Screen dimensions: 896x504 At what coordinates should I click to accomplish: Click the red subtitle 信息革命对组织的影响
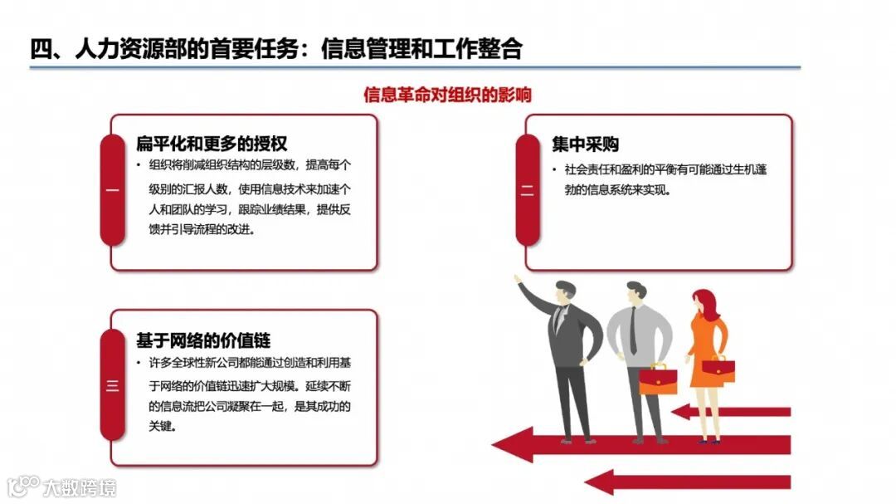pyautogui.click(x=448, y=94)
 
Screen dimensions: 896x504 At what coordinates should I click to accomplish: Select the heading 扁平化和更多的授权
pyautogui.click(x=212, y=143)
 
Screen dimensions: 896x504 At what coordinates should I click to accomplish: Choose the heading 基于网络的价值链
pyautogui.click(x=203, y=340)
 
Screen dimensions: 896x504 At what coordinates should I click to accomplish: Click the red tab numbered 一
pyautogui.click(x=113, y=190)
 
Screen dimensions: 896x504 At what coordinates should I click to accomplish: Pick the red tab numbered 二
pyautogui.click(x=528, y=190)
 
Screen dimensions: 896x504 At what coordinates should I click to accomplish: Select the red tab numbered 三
pyautogui.click(x=113, y=385)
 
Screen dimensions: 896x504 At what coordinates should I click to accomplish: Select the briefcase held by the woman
pyautogui.click(x=718, y=367)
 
